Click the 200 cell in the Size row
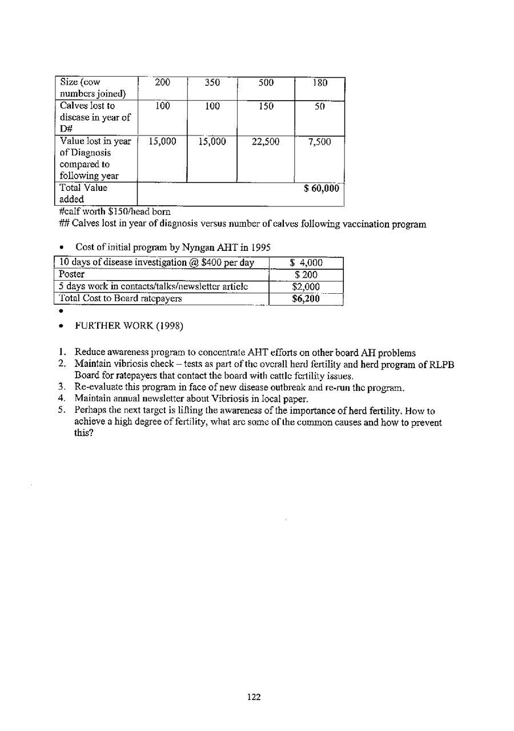point(163,83)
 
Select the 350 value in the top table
point(212,83)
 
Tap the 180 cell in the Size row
point(319,83)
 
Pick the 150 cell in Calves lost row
point(265,107)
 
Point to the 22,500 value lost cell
point(265,141)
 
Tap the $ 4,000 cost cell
point(306,263)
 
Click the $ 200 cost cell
point(306,275)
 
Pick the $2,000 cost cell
point(306,286)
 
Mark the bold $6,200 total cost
point(306,298)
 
